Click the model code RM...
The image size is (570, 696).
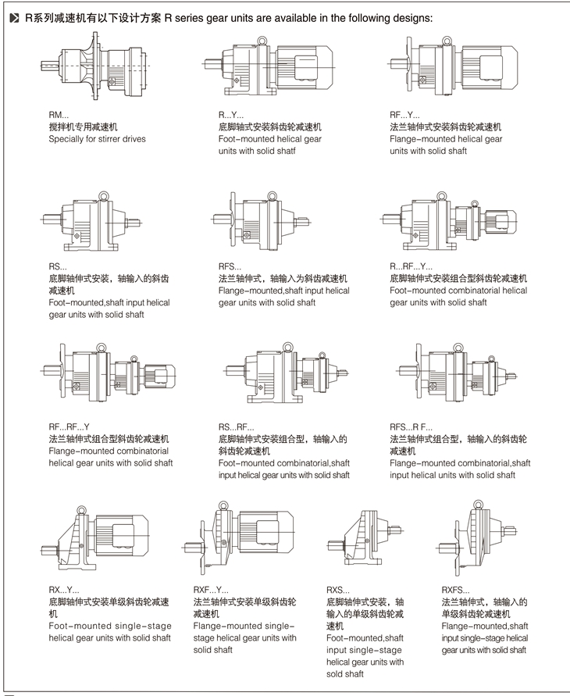59,115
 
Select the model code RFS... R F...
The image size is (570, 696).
411,427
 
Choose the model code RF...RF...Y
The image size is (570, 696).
69,427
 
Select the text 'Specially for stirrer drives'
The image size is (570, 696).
97,139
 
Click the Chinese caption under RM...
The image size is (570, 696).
83,127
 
